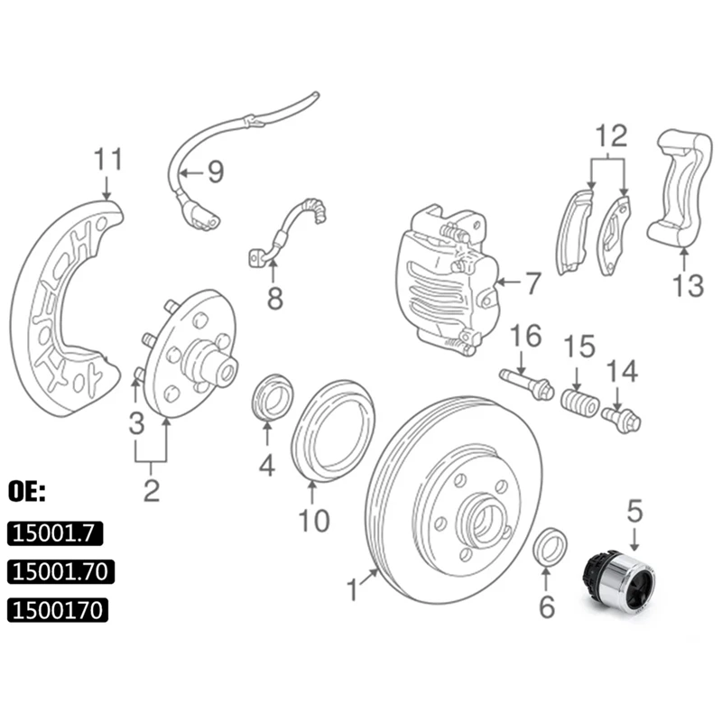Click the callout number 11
pyautogui.click(x=106, y=161)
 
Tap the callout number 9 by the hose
pyautogui.click(x=214, y=169)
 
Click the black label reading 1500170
pyautogui.click(x=58, y=611)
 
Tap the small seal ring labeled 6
pyautogui.click(x=550, y=548)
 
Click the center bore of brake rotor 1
pyautogui.click(x=479, y=522)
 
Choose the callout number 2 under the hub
pyautogui.click(x=151, y=490)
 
